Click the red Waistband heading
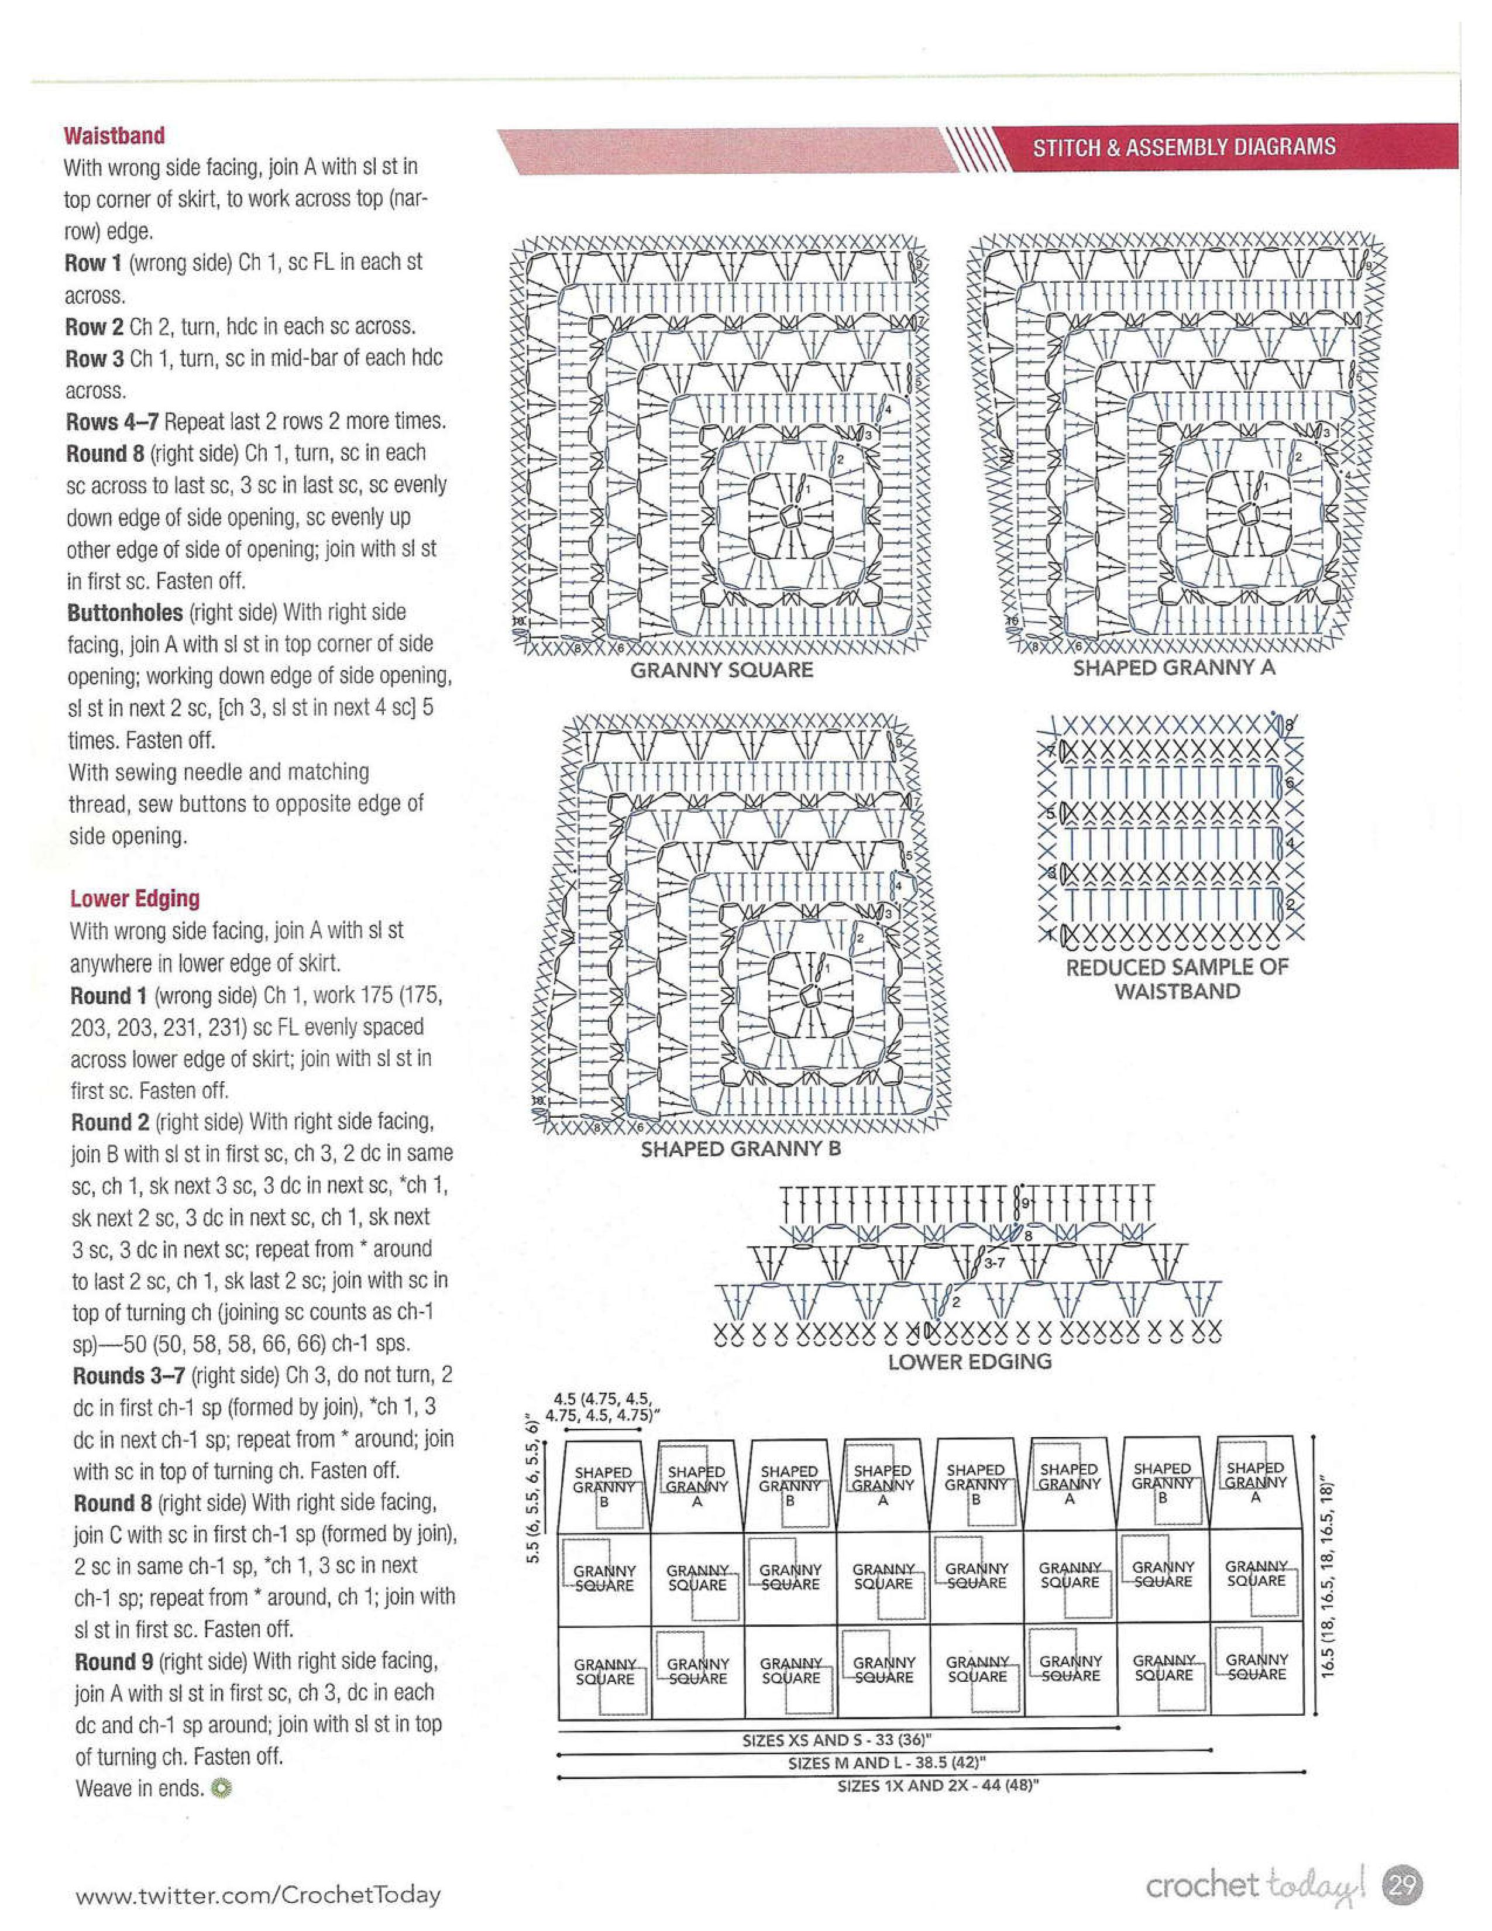point(114,135)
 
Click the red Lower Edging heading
point(135,898)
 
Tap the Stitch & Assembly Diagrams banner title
point(1184,147)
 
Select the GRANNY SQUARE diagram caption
point(721,670)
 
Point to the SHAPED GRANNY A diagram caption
point(1174,668)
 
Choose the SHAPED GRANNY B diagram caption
point(741,1149)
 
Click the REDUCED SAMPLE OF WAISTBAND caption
point(1177,979)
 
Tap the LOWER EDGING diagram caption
point(970,1362)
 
